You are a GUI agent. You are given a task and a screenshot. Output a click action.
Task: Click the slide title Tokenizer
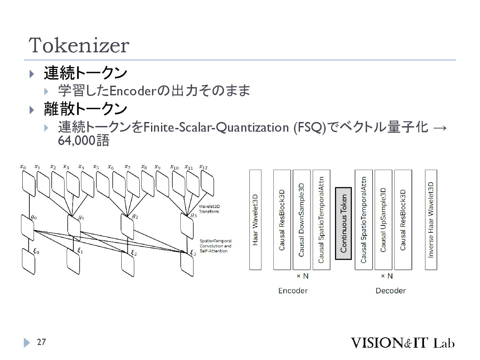(79, 45)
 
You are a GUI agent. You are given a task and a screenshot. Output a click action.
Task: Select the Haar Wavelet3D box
(255, 220)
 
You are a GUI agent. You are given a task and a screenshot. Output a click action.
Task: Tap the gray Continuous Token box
(343, 223)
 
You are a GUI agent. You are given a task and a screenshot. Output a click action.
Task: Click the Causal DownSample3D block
(302, 220)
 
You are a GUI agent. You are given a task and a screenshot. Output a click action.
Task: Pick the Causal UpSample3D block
(383, 220)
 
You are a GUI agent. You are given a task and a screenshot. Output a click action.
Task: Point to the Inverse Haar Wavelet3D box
(431, 220)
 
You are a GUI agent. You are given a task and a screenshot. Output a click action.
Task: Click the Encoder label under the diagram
(293, 291)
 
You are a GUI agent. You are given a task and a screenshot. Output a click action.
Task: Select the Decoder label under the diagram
(390, 291)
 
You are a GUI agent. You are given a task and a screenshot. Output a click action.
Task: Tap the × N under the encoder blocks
(302, 276)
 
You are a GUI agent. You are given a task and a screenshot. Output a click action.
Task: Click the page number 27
(41, 342)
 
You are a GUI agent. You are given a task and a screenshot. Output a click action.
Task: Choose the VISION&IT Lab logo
(402, 343)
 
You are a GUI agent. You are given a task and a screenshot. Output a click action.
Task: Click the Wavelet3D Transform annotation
(209, 209)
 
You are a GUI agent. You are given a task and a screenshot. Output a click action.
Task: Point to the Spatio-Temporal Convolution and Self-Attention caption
(215, 246)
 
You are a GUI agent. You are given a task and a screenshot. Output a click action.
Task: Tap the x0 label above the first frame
(23, 166)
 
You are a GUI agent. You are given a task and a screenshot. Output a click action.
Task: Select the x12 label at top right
(203, 167)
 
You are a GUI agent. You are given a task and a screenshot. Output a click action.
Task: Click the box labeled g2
(127, 226)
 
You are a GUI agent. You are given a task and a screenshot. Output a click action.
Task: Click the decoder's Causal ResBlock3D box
(403, 220)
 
